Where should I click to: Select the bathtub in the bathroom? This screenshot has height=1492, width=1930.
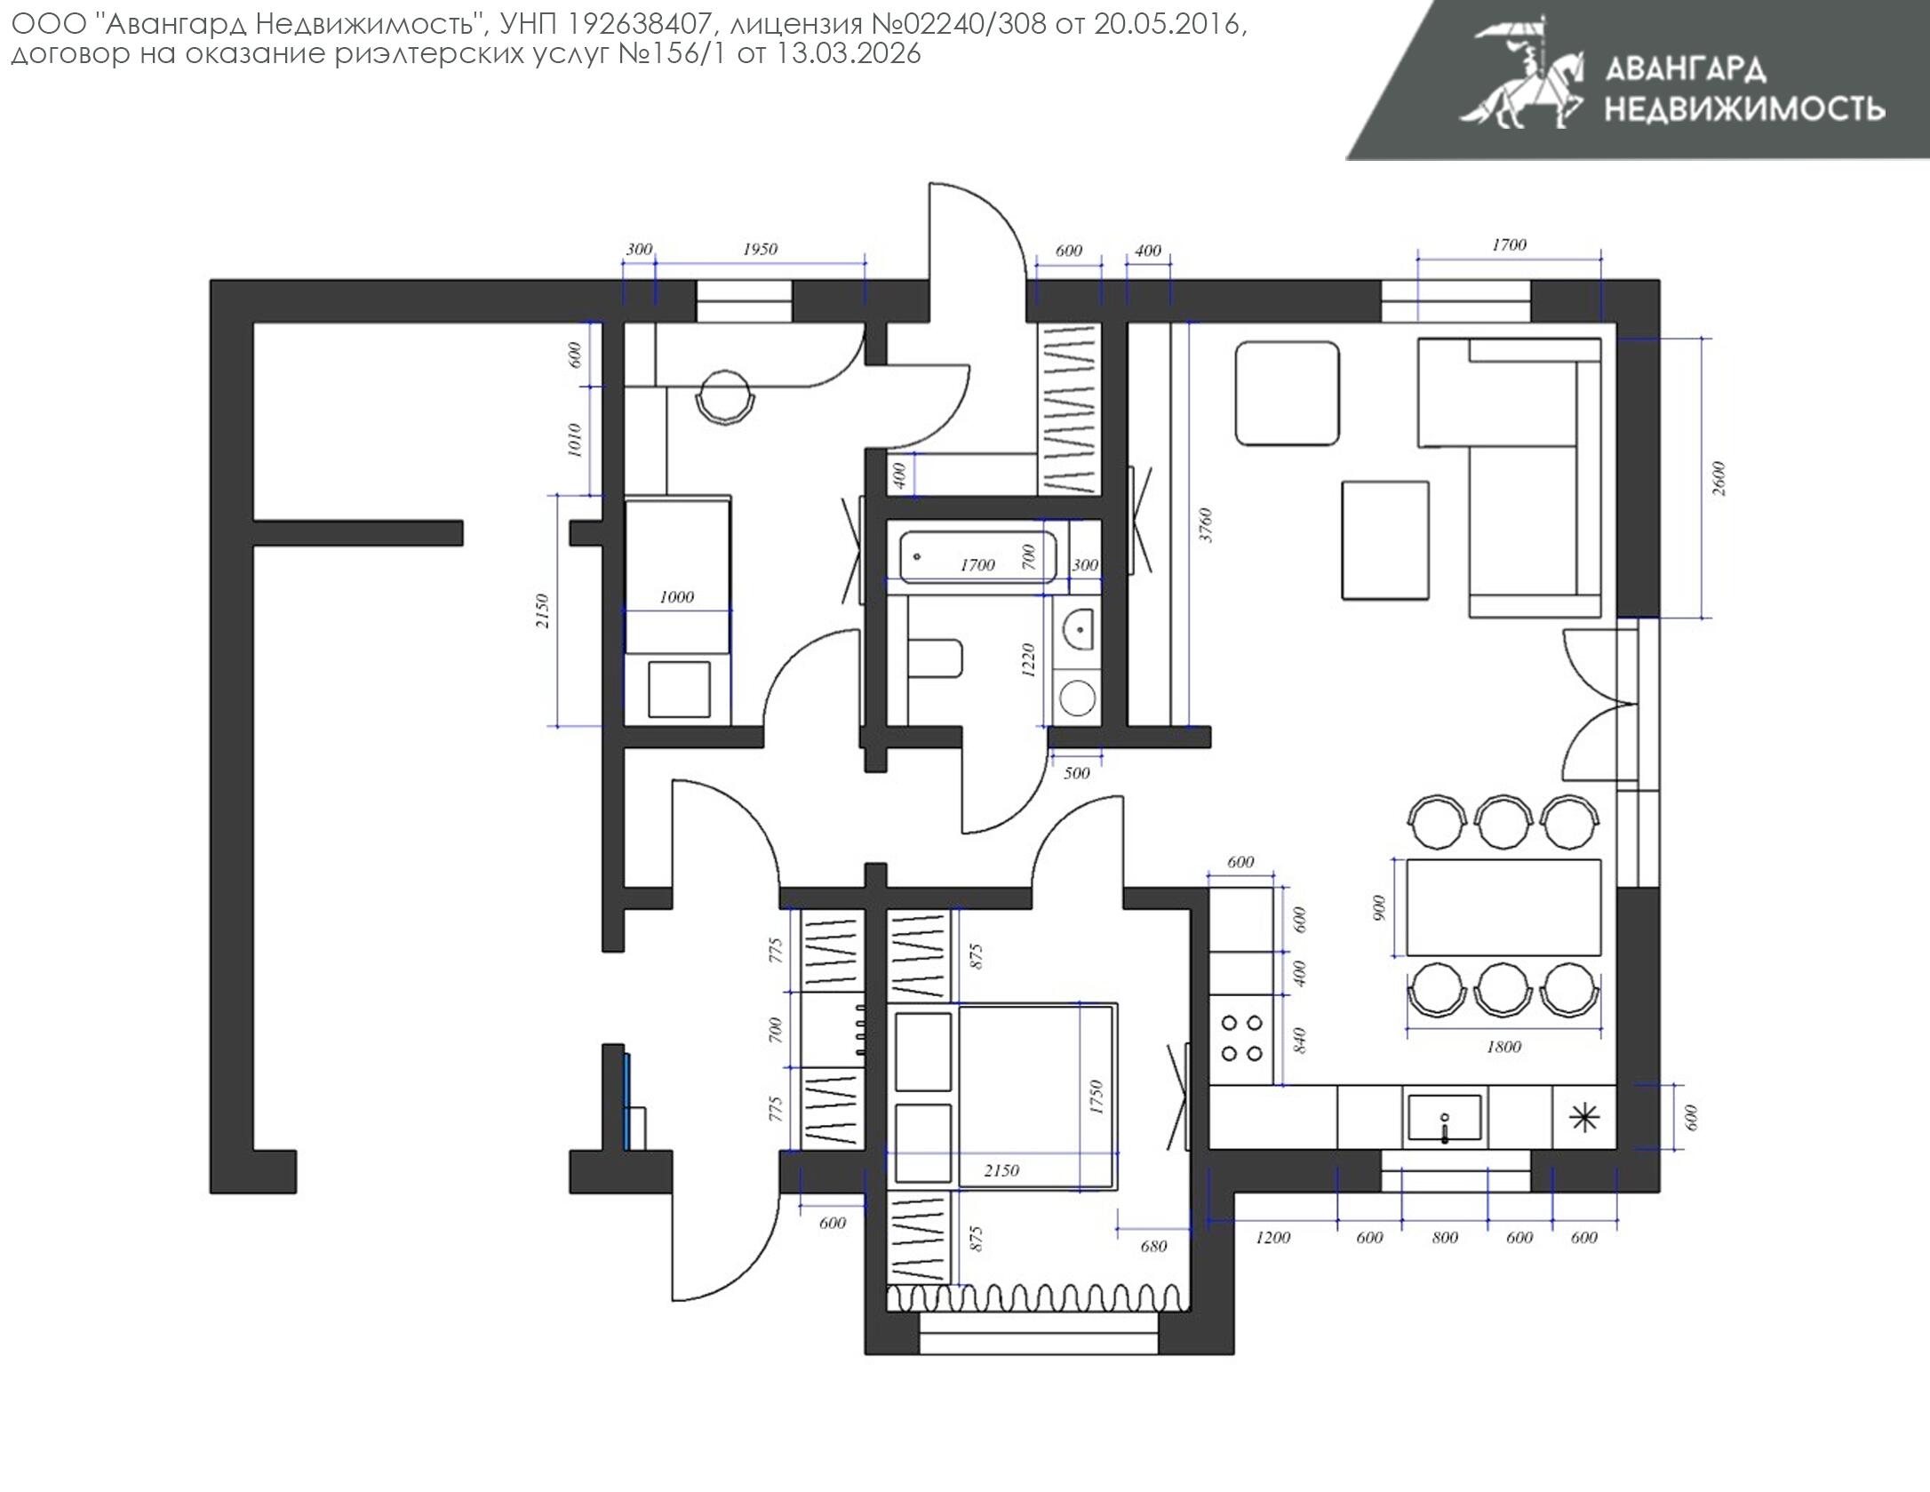977,556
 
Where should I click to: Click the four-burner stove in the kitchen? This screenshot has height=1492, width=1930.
1242,1038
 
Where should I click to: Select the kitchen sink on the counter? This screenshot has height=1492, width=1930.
1444,1118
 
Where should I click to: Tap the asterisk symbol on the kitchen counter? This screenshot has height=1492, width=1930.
1584,1117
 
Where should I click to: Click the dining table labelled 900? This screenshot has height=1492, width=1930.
1503,906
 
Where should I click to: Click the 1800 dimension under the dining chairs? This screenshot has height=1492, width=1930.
1503,1047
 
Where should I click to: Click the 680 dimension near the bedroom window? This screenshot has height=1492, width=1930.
1152,1246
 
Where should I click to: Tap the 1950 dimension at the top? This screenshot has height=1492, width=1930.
760,250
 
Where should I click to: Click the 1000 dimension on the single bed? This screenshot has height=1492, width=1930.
676,597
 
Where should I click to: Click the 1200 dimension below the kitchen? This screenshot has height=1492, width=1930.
1272,1237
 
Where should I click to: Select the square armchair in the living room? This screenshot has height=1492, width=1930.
1287,393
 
